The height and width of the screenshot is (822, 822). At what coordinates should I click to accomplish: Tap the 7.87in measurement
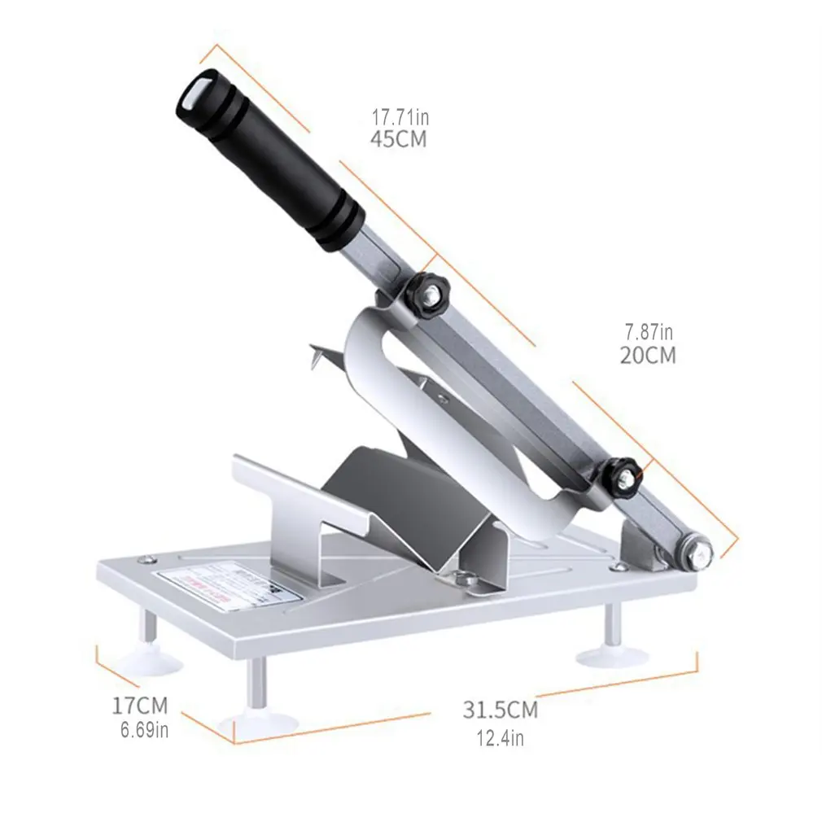[649, 332]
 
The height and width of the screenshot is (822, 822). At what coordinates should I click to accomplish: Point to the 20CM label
[648, 356]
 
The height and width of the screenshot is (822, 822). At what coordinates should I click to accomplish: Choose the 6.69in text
[144, 730]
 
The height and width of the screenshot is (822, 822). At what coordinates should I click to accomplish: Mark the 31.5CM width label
[501, 710]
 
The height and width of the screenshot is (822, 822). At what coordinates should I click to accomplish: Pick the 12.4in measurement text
[500, 738]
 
